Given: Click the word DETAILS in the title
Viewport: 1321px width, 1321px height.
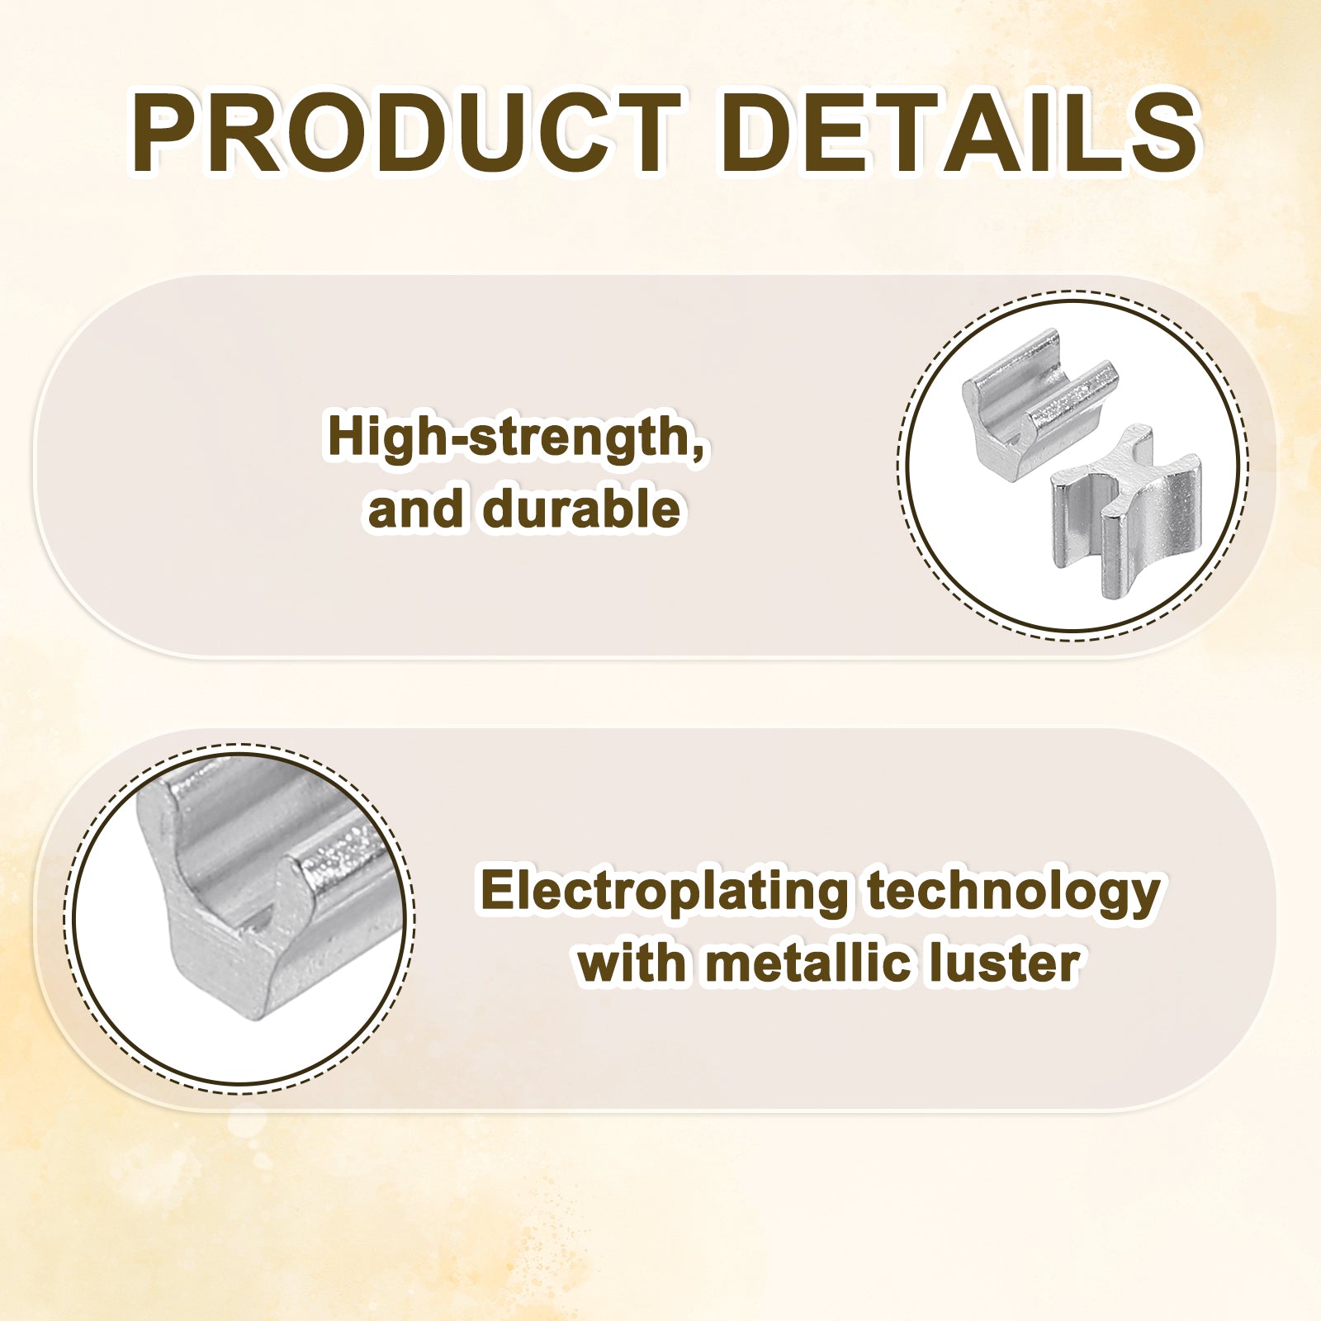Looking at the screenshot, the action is pos(959,133).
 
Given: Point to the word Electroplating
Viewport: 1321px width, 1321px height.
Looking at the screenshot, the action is pos(664,893).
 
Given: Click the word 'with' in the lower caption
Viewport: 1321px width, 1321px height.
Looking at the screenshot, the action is pos(632,963).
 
